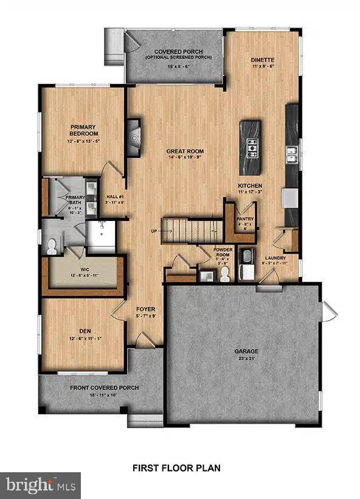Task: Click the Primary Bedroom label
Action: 84,130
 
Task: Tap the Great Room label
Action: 185,151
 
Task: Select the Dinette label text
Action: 263,60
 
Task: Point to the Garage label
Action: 247,351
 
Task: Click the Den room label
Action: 84,331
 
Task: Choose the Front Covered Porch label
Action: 104,388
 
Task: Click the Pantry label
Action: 245,218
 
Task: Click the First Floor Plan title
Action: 176,468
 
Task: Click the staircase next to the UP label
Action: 190,231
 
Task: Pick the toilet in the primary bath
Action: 52,246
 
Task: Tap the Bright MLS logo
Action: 41,485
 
